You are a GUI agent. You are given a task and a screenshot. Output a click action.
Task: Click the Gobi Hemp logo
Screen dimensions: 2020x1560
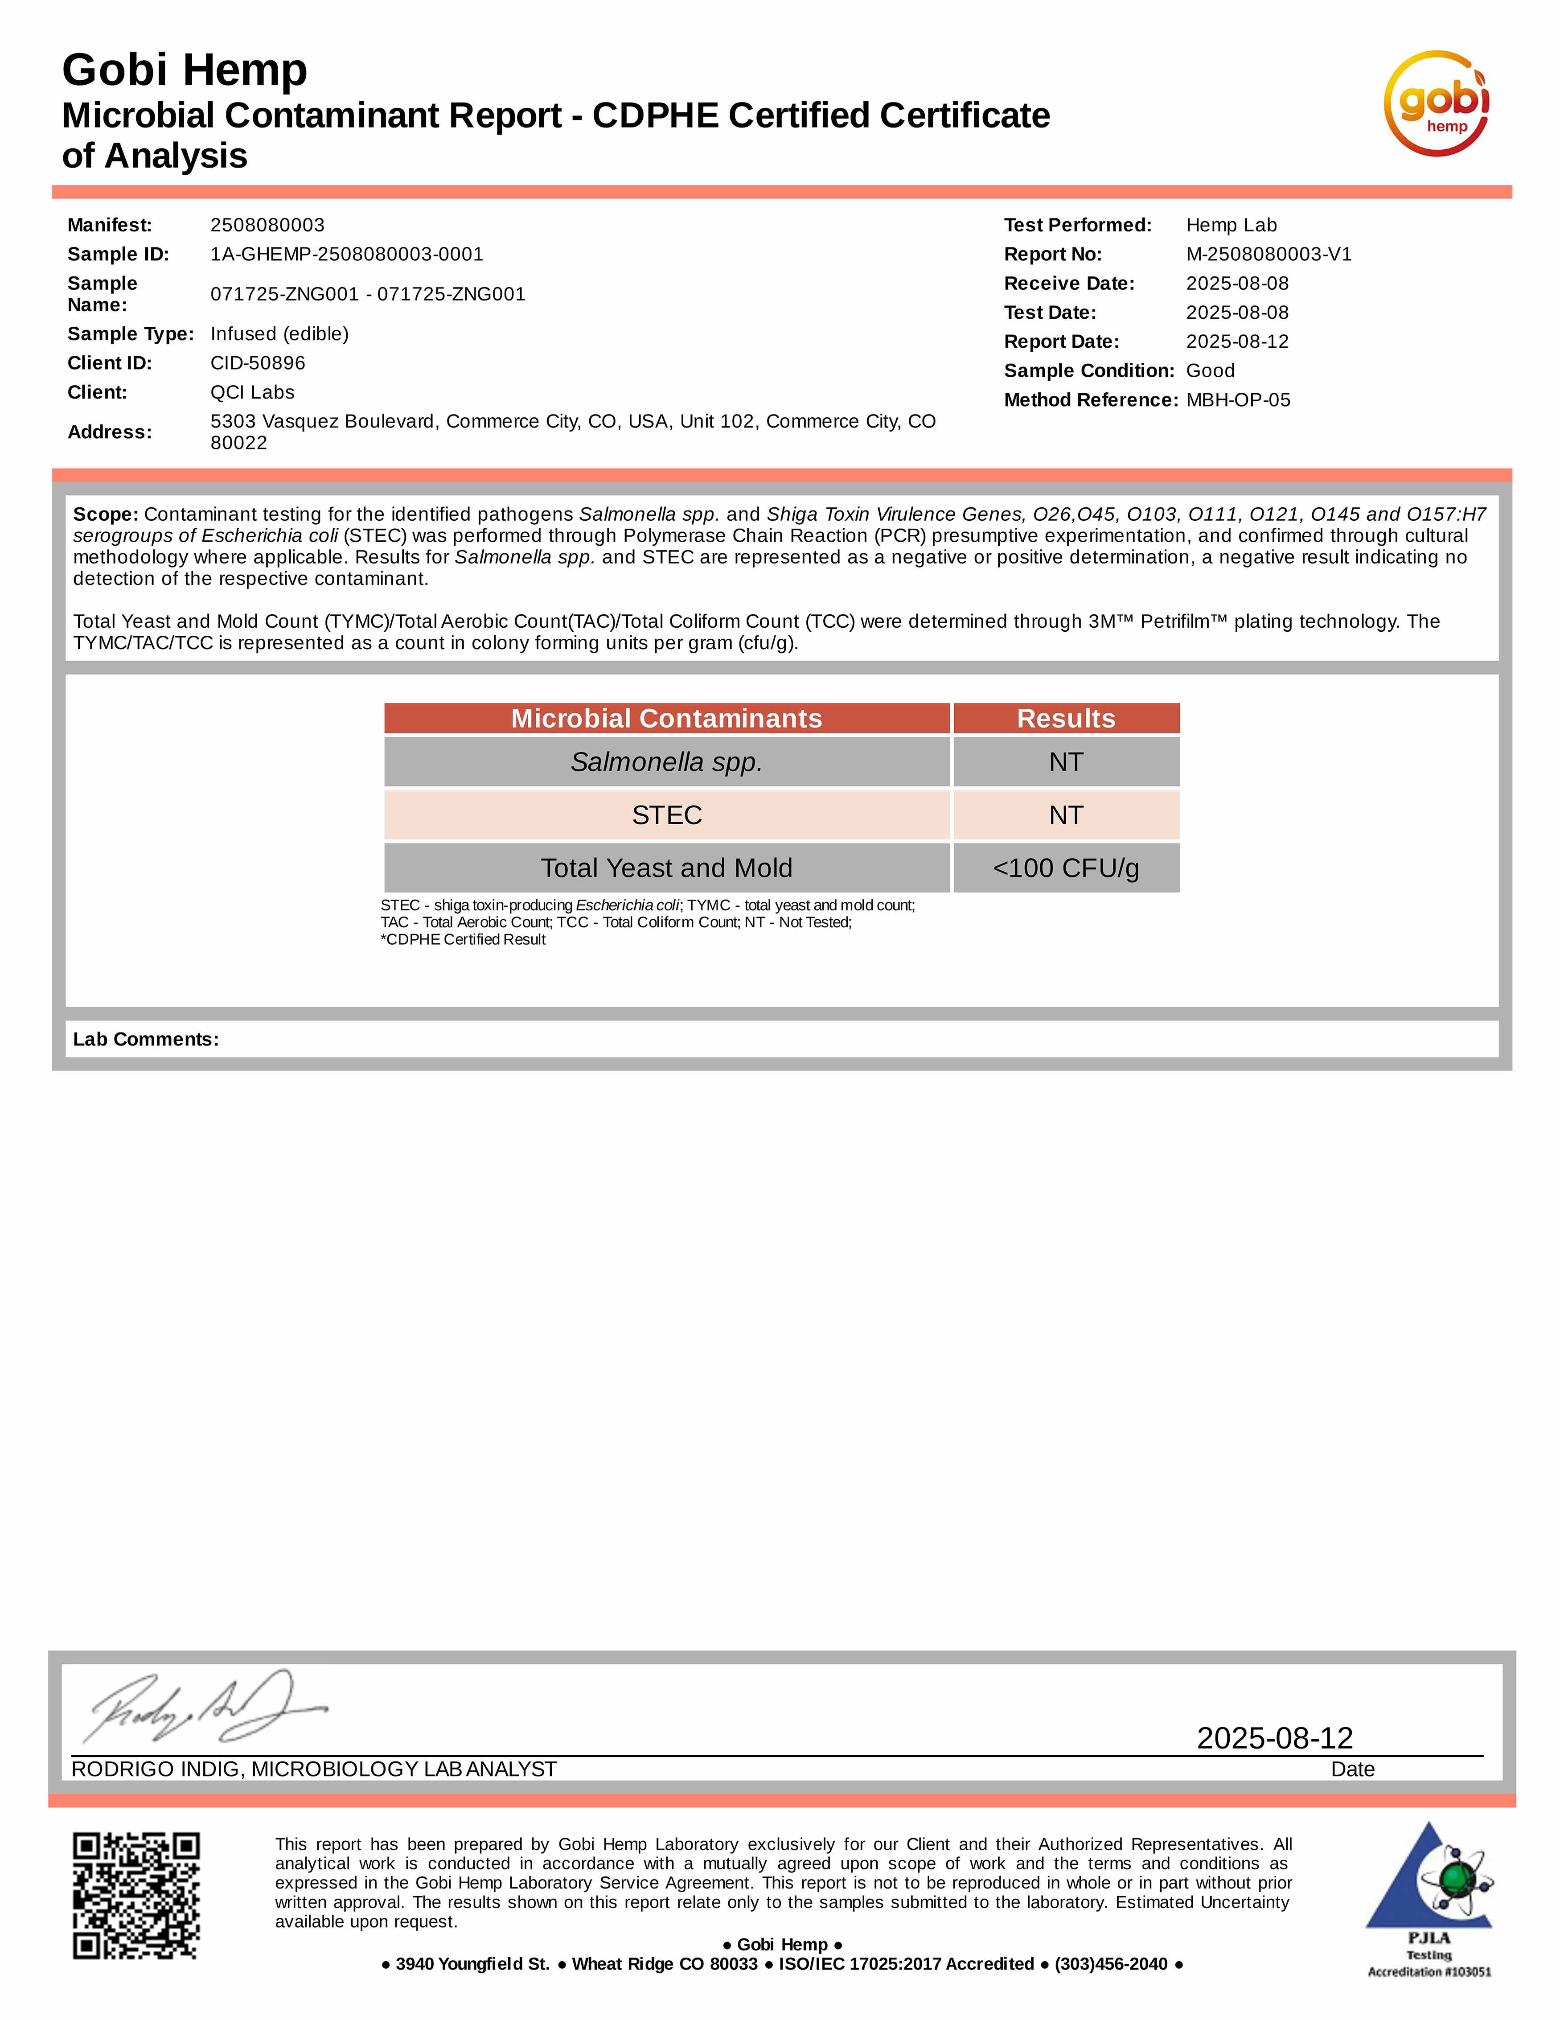[x=1436, y=103]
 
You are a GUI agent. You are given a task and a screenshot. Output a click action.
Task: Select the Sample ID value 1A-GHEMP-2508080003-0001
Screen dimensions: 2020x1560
[x=347, y=255]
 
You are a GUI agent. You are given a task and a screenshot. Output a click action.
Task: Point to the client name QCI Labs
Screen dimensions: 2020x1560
[x=252, y=392]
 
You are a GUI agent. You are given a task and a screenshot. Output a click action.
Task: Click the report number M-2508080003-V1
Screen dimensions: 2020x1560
[x=1269, y=255]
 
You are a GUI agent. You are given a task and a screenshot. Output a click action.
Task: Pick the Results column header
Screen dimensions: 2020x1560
[x=1066, y=719]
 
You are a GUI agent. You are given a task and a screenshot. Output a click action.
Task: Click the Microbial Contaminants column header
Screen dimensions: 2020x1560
[x=667, y=719]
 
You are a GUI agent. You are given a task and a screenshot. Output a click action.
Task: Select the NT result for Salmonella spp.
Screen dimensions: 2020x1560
[x=1066, y=762]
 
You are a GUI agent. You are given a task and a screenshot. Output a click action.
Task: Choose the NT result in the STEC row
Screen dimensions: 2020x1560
[x=1066, y=815]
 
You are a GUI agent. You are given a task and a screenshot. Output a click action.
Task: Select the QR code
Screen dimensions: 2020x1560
[x=136, y=1895]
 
